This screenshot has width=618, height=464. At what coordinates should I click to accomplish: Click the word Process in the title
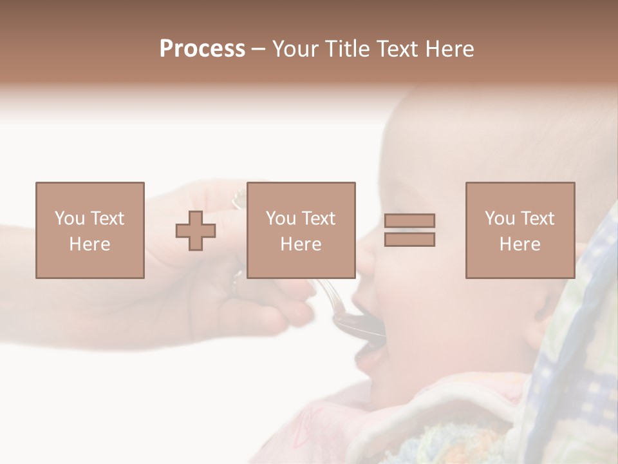[202, 49]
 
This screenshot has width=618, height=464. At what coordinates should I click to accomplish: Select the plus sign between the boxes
[196, 231]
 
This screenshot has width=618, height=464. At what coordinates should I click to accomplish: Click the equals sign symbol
[409, 230]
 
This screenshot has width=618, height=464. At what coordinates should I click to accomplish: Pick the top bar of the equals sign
[409, 221]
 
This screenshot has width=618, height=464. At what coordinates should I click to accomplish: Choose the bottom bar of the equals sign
[409, 239]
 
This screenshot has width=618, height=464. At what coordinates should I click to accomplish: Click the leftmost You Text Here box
[89, 230]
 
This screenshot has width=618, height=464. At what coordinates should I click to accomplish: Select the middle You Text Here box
[301, 230]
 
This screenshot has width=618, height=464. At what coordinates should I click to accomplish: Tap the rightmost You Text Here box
[520, 230]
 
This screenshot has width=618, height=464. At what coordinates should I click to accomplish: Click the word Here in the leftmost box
[89, 244]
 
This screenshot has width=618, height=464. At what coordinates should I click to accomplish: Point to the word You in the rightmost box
[500, 218]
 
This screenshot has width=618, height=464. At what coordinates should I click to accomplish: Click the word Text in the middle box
[319, 218]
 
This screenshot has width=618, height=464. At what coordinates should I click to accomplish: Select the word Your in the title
[296, 49]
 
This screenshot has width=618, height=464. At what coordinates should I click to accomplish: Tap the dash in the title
[259, 49]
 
